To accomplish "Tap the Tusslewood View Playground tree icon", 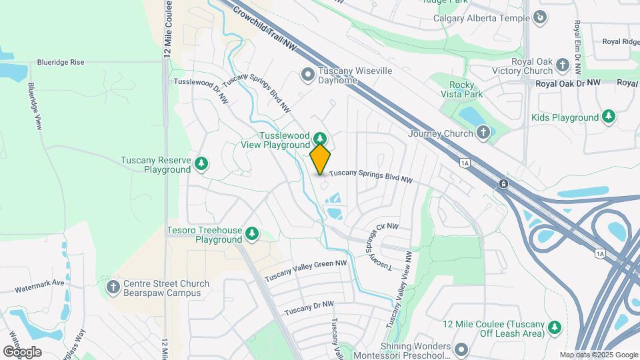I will (321, 139).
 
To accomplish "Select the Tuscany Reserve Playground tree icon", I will (201, 163).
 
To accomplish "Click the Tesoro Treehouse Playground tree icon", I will (252, 233).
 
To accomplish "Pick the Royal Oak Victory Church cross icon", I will (563, 65).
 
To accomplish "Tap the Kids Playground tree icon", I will (609, 117).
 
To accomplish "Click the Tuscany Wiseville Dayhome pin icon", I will (307, 75).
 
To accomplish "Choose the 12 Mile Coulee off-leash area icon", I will (555, 328).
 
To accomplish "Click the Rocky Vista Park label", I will (465, 89).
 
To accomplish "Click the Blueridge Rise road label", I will (61, 62).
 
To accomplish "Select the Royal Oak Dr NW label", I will (569, 83).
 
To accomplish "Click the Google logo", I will (22, 351).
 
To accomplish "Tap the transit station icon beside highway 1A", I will (503, 183).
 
